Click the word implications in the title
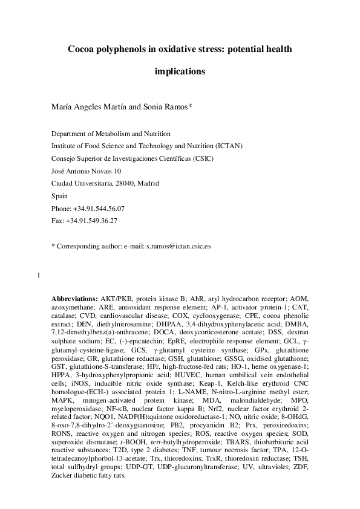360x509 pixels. (180, 71)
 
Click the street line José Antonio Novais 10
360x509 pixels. (87, 171)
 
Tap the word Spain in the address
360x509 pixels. (59, 196)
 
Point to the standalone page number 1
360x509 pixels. (39, 277)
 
